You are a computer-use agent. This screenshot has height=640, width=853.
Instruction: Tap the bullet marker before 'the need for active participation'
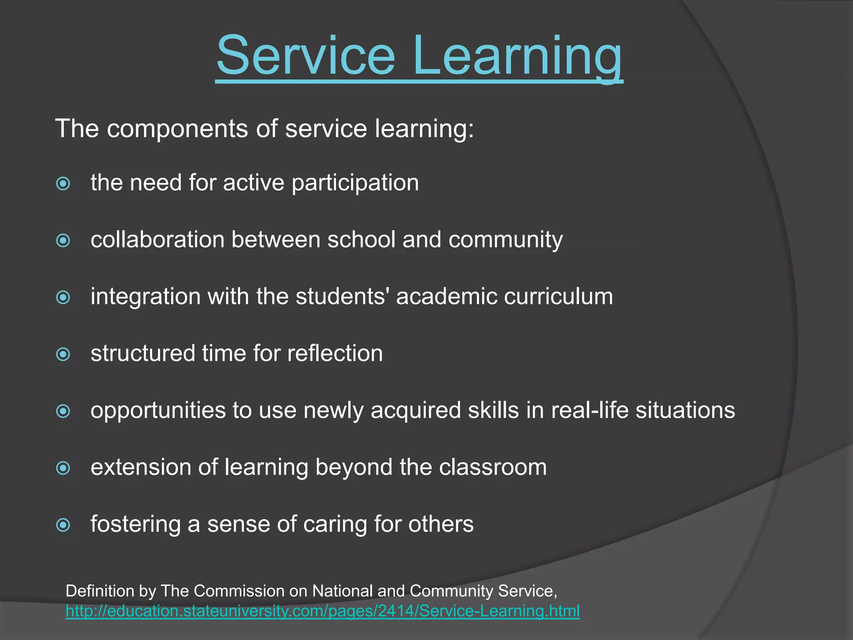click(63, 183)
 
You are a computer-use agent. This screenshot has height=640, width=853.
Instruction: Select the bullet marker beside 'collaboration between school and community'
click(63, 240)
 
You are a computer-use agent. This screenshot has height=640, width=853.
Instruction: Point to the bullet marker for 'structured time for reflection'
click(63, 354)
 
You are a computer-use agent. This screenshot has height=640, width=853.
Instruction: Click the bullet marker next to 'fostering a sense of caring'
click(63, 525)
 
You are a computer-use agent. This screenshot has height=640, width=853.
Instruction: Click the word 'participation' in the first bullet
click(355, 183)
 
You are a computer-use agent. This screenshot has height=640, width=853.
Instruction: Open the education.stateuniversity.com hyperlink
click(322, 611)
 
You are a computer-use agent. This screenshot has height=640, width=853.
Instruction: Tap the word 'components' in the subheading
click(177, 129)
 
